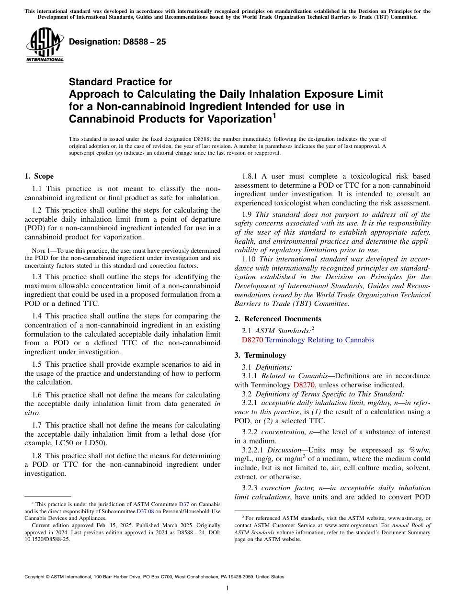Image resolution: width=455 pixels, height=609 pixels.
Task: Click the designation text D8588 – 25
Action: coord(117,42)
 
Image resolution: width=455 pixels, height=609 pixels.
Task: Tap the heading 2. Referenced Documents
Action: coord(276,319)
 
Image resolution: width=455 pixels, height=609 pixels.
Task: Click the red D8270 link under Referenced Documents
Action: coord(252,340)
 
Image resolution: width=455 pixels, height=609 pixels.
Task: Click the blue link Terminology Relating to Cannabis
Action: coord(319,340)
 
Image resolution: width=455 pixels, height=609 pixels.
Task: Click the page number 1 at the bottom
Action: coord(227,588)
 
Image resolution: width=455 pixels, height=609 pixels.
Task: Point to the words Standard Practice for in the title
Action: coord(120,82)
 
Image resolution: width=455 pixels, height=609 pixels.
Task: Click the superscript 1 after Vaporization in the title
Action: coord(274,115)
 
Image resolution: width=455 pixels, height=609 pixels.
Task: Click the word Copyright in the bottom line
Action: coord(36,577)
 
